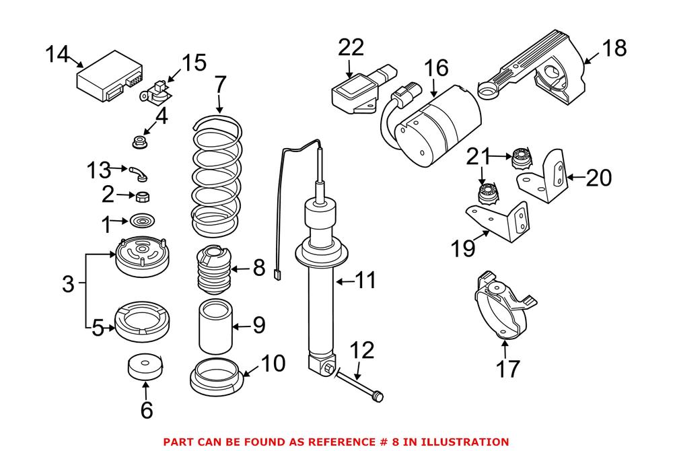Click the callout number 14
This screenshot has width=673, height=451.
click(x=57, y=55)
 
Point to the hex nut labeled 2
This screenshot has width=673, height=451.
click(x=142, y=198)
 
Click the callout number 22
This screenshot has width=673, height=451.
click(x=351, y=47)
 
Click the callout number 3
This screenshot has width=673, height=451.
click(x=67, y=284)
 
